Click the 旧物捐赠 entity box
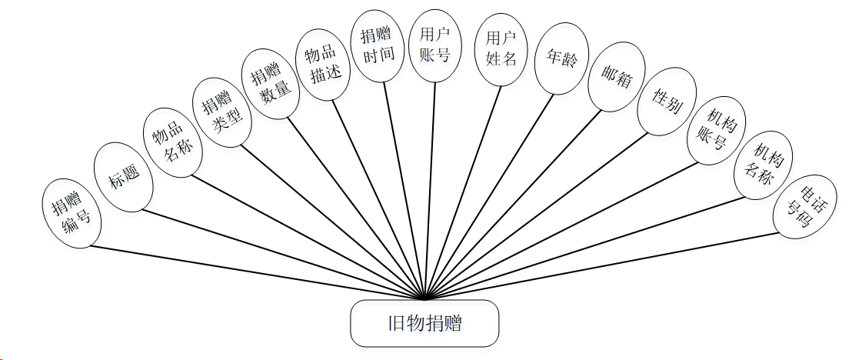424,322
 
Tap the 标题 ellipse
123,182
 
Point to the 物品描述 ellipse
324,65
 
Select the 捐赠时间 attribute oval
378,45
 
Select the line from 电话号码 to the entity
600,265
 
